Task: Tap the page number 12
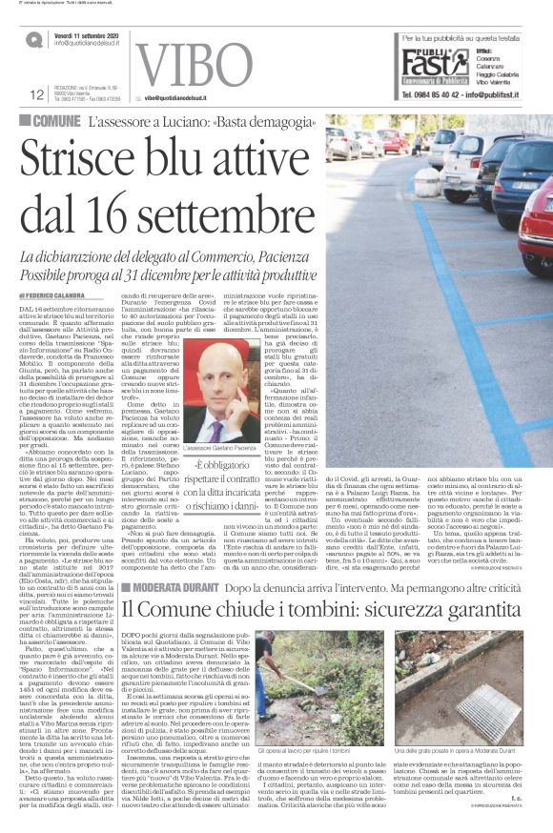click(x=38, y=93)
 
